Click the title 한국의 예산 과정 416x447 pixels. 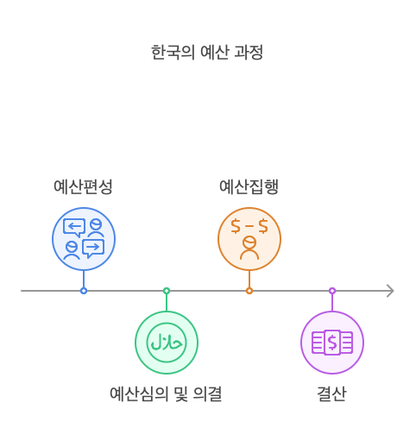click(207, 52)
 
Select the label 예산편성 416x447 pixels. click(83, 186)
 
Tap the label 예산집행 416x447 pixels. click(249, 186)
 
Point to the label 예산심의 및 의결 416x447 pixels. click(166, 394)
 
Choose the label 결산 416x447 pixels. click(331, 394)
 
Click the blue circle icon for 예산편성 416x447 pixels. click(84, 239)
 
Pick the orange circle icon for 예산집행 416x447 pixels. click(249, 239)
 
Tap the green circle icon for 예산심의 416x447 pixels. click(167, 343)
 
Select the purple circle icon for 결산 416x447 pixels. click(332, 343)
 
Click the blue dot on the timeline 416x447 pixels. click(84, 291)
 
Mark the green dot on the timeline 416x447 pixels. click(167, 291)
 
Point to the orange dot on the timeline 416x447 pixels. click(249, 291)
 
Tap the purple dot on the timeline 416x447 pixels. click(332, 291)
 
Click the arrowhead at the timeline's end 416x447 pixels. click(391, 291)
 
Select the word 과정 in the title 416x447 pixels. click(248, 52)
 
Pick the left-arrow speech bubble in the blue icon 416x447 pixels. click(74, 228)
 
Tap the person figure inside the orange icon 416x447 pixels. click(249, 248)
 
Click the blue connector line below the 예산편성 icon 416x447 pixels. click(84, 279)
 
